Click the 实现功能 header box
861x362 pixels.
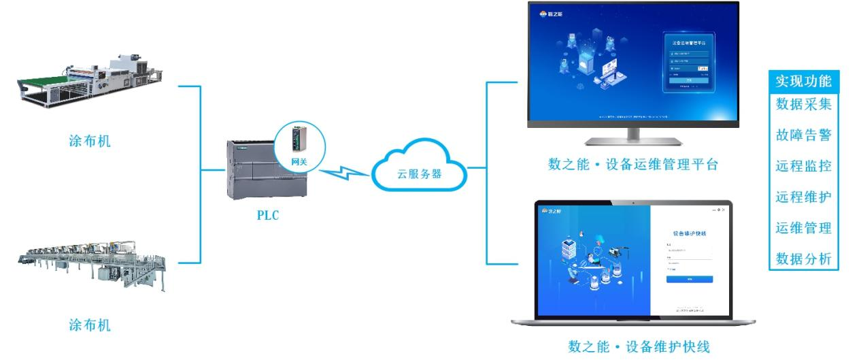coord(803,81)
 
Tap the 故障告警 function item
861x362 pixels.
coord(803,135)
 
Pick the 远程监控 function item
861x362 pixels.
coord(803,165)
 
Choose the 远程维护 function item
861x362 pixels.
coord(803,197)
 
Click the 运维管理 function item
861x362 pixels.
coord(803,227)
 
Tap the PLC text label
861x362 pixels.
coord(267,216)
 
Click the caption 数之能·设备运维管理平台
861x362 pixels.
coord(633,165)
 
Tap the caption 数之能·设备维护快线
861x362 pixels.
coord(639,347)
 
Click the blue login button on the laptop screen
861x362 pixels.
coord(689,279)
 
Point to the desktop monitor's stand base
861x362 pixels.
coord(633,142)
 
